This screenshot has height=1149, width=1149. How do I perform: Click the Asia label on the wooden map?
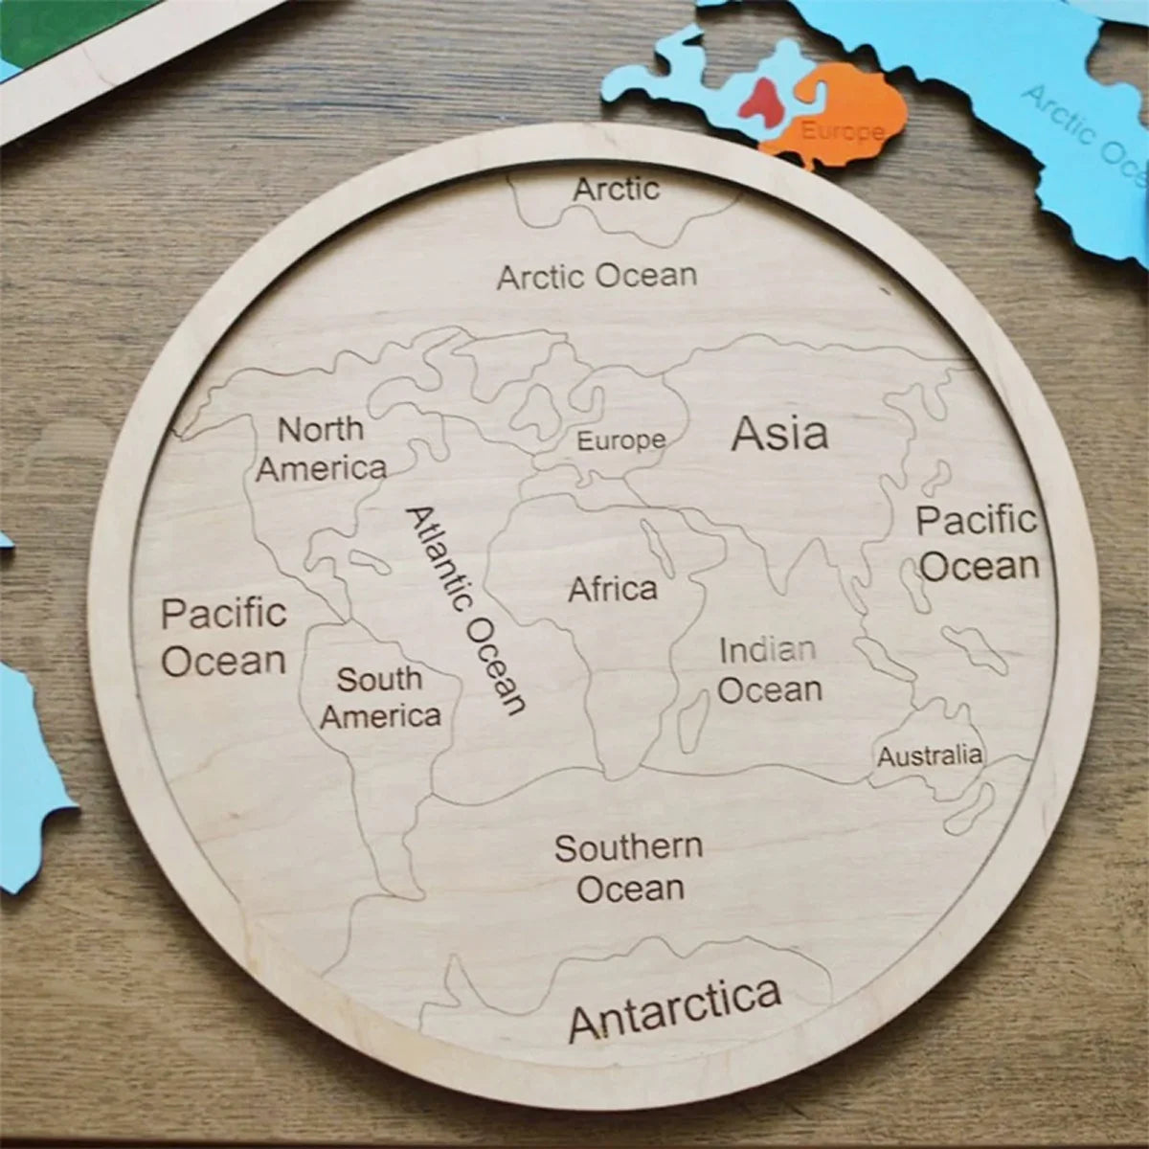tap(779, 434)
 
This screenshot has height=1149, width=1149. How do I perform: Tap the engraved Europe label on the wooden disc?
tap(620, 441)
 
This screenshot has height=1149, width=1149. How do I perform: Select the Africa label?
tap(613, 589)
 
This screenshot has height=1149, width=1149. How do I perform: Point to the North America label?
tap(322, 449)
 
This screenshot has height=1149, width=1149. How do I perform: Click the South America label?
tap(380, 698)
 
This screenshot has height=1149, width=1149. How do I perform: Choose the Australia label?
tap(930, 756)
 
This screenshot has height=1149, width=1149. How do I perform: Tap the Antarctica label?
tap(675, 1008)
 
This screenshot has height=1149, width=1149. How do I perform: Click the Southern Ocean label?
tap(629, 867)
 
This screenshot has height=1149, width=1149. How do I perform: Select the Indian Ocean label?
tap(769, 670)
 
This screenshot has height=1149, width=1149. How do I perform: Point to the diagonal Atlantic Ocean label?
tap(466, 610)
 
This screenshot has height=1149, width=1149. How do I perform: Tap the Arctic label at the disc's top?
tap(617, 189)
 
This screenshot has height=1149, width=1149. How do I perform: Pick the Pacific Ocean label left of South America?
tap(223, 637)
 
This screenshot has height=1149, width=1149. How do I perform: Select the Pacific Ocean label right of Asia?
tap(978, 543)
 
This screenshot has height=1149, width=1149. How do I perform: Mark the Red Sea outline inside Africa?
tap(657, 545)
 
